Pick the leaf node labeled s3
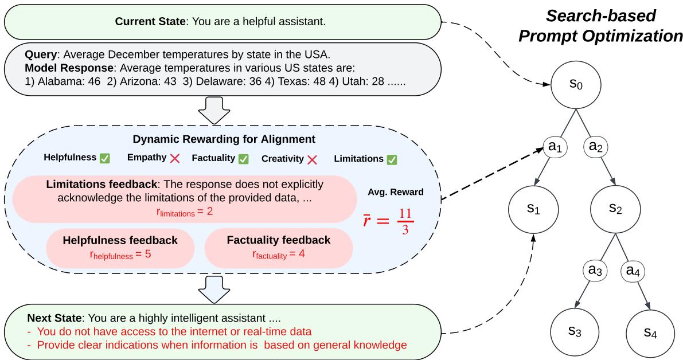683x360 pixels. click(x=575, y=331)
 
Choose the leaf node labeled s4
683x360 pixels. click(x=650, y=331)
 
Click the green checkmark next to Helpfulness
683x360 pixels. click(x=105, y=158)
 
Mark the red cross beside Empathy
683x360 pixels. click(x=175, y=158)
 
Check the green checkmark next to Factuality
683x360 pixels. click(x=244, y=158)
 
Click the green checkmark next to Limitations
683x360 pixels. click(x=392, y=159)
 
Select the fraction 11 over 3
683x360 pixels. click(x=405, y=221)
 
